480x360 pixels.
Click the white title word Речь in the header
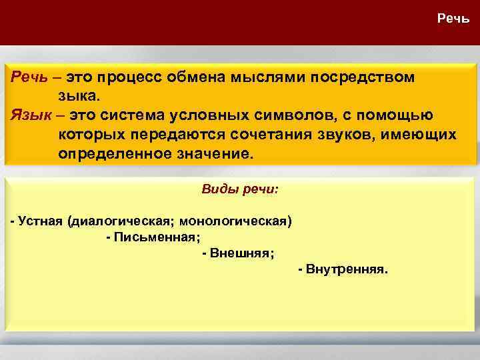click(453, 18)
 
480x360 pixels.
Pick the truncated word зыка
click(81, 96)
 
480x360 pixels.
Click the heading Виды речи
click(240, 189)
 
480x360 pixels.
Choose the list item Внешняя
click(240, 253)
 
